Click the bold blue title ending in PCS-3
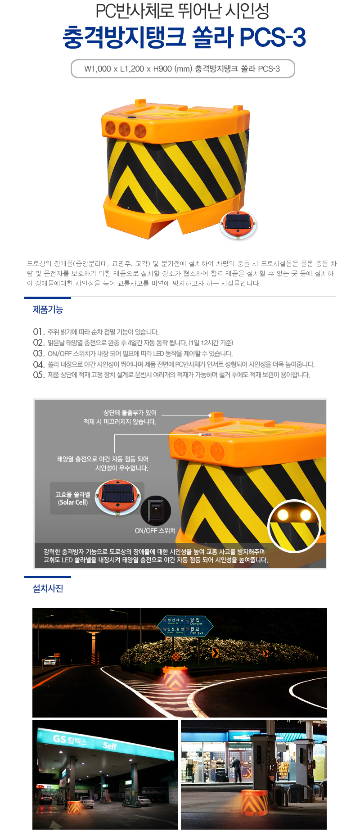click(184, 37)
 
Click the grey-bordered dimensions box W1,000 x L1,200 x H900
click(182, 69)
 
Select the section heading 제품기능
click(48, 310)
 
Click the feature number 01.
click(39, 332)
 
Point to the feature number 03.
click(39, 353)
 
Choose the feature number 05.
click(39, 375)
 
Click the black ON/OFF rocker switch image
click(156, 510)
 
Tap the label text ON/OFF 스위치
click(155, 531)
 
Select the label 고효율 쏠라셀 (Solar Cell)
click(72, 498)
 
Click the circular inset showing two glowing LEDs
click(294, 525)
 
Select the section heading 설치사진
click(48, 588)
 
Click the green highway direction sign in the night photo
click(185, 626)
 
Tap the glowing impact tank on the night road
click(175, 678)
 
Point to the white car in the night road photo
click(50, 661)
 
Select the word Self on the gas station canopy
click(110, 745)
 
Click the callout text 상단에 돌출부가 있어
click(130, 412)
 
